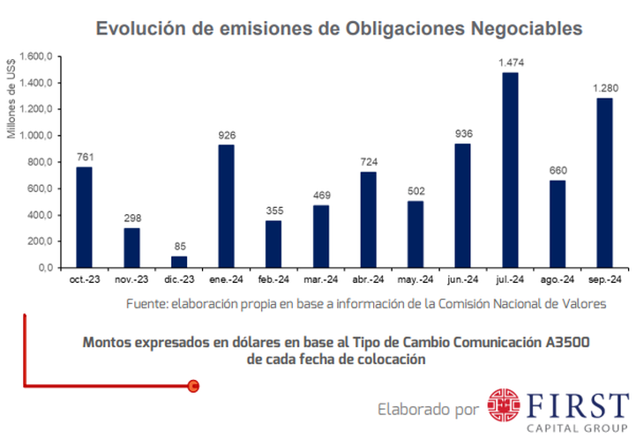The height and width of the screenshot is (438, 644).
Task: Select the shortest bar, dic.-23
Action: click(x=178, y=262)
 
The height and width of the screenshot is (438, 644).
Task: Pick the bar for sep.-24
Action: click(x=604, y=182)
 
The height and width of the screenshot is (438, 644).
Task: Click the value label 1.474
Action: click(x=510, y=63)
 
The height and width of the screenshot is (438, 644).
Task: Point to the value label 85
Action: click(x=178, y=247)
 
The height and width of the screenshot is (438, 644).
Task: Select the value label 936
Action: click(x=462, y=134)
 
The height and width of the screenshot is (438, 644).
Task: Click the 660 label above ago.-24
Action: click(x=558, y=171)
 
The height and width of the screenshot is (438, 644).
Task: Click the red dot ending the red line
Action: click(x=194, y=385)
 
